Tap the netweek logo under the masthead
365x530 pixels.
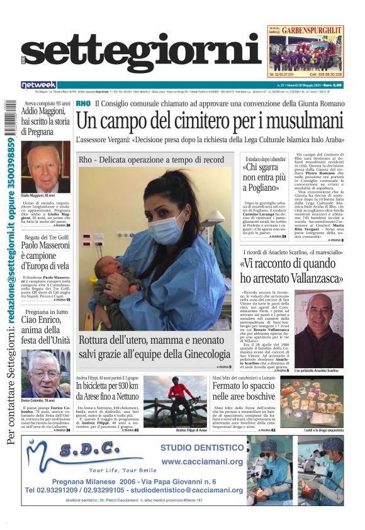(39, 85)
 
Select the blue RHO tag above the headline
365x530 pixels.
(82, 103)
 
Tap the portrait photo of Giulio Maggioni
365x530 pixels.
(45, 167)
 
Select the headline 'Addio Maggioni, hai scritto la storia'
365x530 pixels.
(45, 117)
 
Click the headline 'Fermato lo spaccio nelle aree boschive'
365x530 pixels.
(242, 391)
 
